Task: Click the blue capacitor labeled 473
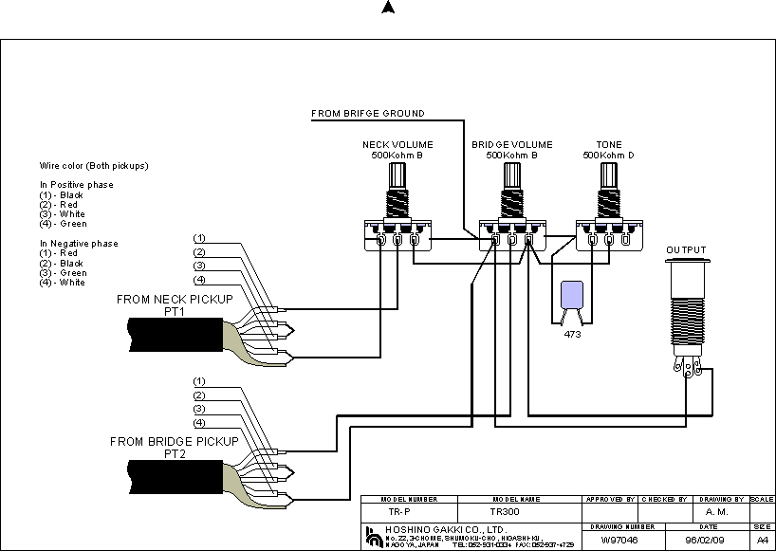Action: (x=571, y=296)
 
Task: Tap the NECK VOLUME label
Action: (x=394, y=144)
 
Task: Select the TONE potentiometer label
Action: (x=609, y=144)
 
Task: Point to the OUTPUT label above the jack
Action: (x=686, y=250)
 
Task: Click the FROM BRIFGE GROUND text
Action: (x=368, y=114)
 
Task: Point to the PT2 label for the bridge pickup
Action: (x=175, y=453)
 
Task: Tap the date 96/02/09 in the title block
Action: (x=703, y=540)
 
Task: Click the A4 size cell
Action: (x=762, y=540)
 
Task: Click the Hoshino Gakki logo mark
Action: (x=371, y=535)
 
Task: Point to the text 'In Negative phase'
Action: (x=79, y=244)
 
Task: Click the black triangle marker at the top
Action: (x=387, y=8)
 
